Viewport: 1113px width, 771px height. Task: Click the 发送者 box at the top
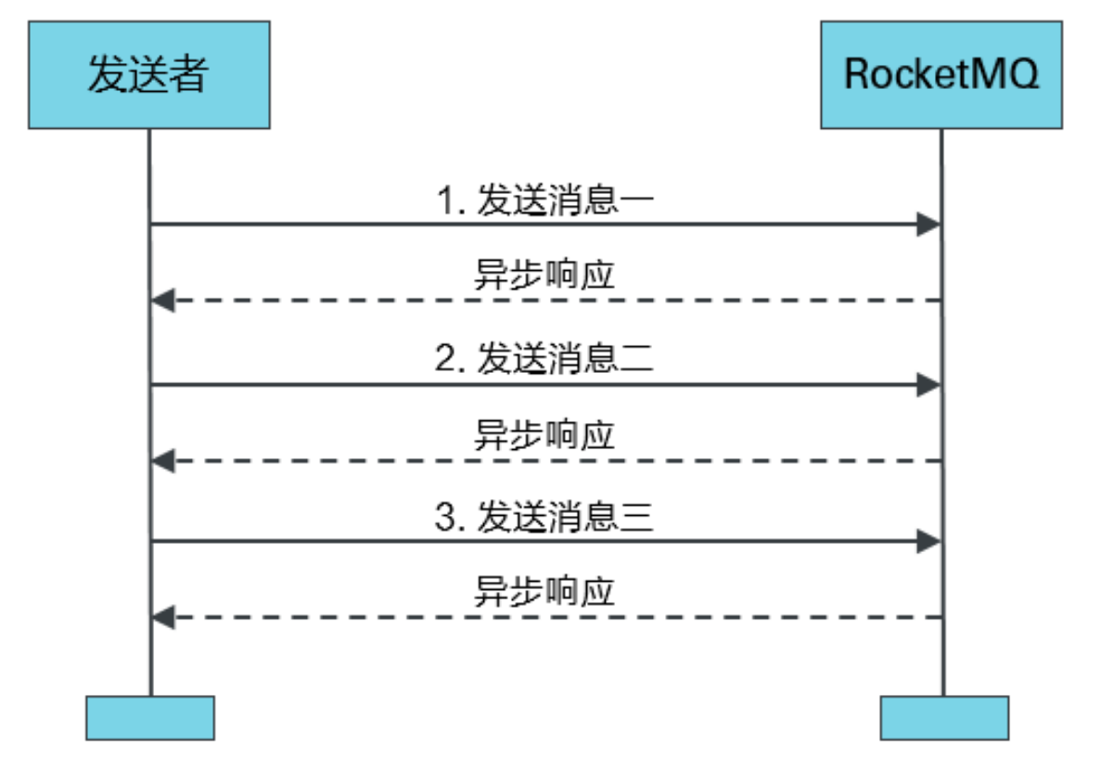point(148,74)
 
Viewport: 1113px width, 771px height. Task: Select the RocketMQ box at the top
point(941,74)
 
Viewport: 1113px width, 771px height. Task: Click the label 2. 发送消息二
point(545,360)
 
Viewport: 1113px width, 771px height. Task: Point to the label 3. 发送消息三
point(545,518)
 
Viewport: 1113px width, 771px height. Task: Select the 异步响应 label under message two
point(544,435)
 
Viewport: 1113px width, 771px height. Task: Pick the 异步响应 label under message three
point(544,592)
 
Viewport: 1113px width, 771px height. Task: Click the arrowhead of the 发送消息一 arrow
point(928,224)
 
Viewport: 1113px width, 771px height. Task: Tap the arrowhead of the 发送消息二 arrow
point(928,385)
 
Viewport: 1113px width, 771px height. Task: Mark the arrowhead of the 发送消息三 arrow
point(928,542)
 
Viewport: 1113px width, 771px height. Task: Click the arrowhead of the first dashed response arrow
point(163,301)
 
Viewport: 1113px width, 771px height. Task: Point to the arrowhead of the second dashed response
point(163,459)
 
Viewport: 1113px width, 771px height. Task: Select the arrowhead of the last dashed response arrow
point(163,616)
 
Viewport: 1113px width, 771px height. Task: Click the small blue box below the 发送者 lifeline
point(149,718)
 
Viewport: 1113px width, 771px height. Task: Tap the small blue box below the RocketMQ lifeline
point(943,718)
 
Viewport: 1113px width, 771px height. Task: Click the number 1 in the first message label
point(446,201)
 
